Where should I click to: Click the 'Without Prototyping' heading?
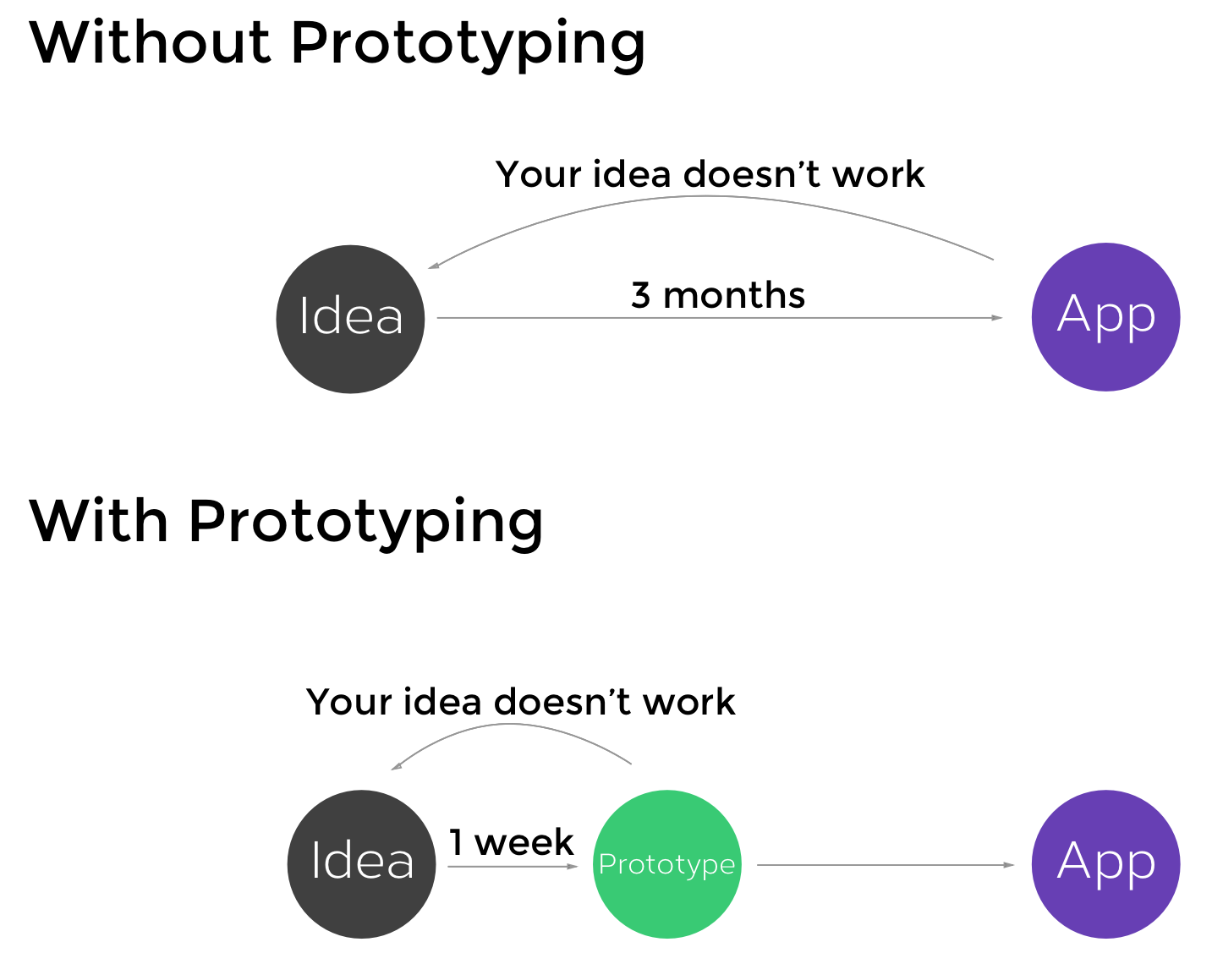(337, 44)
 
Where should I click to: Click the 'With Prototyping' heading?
(286, 522)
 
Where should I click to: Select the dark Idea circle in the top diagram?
(350, 319)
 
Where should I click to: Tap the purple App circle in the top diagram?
(1105, 317)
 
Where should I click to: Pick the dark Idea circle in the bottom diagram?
(361, 863)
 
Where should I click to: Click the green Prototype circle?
(666, 863)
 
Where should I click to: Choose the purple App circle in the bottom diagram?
(1105, 863)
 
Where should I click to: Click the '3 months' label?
(718, 295)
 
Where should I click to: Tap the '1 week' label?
(511, 842)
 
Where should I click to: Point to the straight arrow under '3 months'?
(719, 318)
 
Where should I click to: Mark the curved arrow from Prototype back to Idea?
(513, 726)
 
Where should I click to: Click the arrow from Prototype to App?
(884, 865)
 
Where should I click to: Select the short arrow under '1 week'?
(513, 866)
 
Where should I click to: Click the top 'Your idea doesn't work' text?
(710, 174)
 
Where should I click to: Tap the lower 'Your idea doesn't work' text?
(520, 702)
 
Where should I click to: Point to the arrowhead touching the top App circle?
(997, 318)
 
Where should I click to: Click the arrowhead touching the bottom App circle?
(1008, 865)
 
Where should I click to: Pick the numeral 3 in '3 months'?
(641, 296)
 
